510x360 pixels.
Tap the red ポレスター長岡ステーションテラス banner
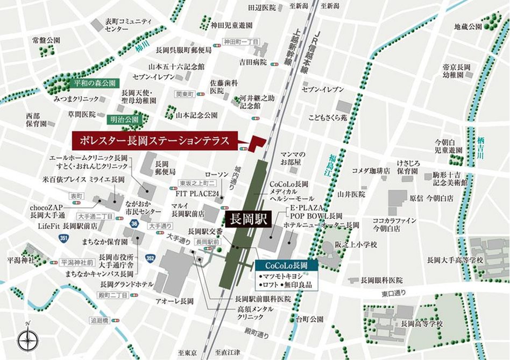tap(153, 141)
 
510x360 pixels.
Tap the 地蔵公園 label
tap(467, 26)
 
